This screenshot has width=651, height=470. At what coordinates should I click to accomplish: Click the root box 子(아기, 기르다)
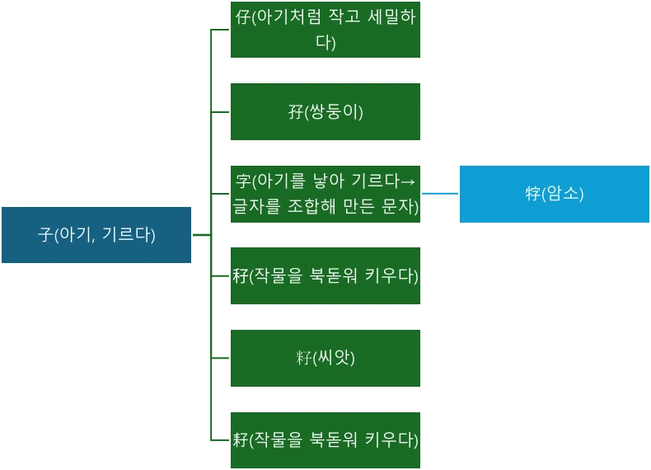point(96,235)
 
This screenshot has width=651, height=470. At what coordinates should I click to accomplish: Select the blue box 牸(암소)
point(554,194)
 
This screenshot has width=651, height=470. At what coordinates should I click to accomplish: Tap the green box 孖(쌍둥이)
point(325,111)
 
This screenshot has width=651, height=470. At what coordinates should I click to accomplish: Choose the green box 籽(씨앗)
point(325,358)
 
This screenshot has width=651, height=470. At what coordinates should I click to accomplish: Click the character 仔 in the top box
point(241,18)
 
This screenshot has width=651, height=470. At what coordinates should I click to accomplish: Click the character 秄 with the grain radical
point(240,275)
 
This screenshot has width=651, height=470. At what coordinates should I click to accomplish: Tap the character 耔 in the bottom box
point(240,439)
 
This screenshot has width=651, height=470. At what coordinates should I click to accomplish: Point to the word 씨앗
point(333,359)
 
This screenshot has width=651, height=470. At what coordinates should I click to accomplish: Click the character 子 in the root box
point(45,235)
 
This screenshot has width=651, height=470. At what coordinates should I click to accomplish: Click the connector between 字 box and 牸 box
point(438,195)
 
